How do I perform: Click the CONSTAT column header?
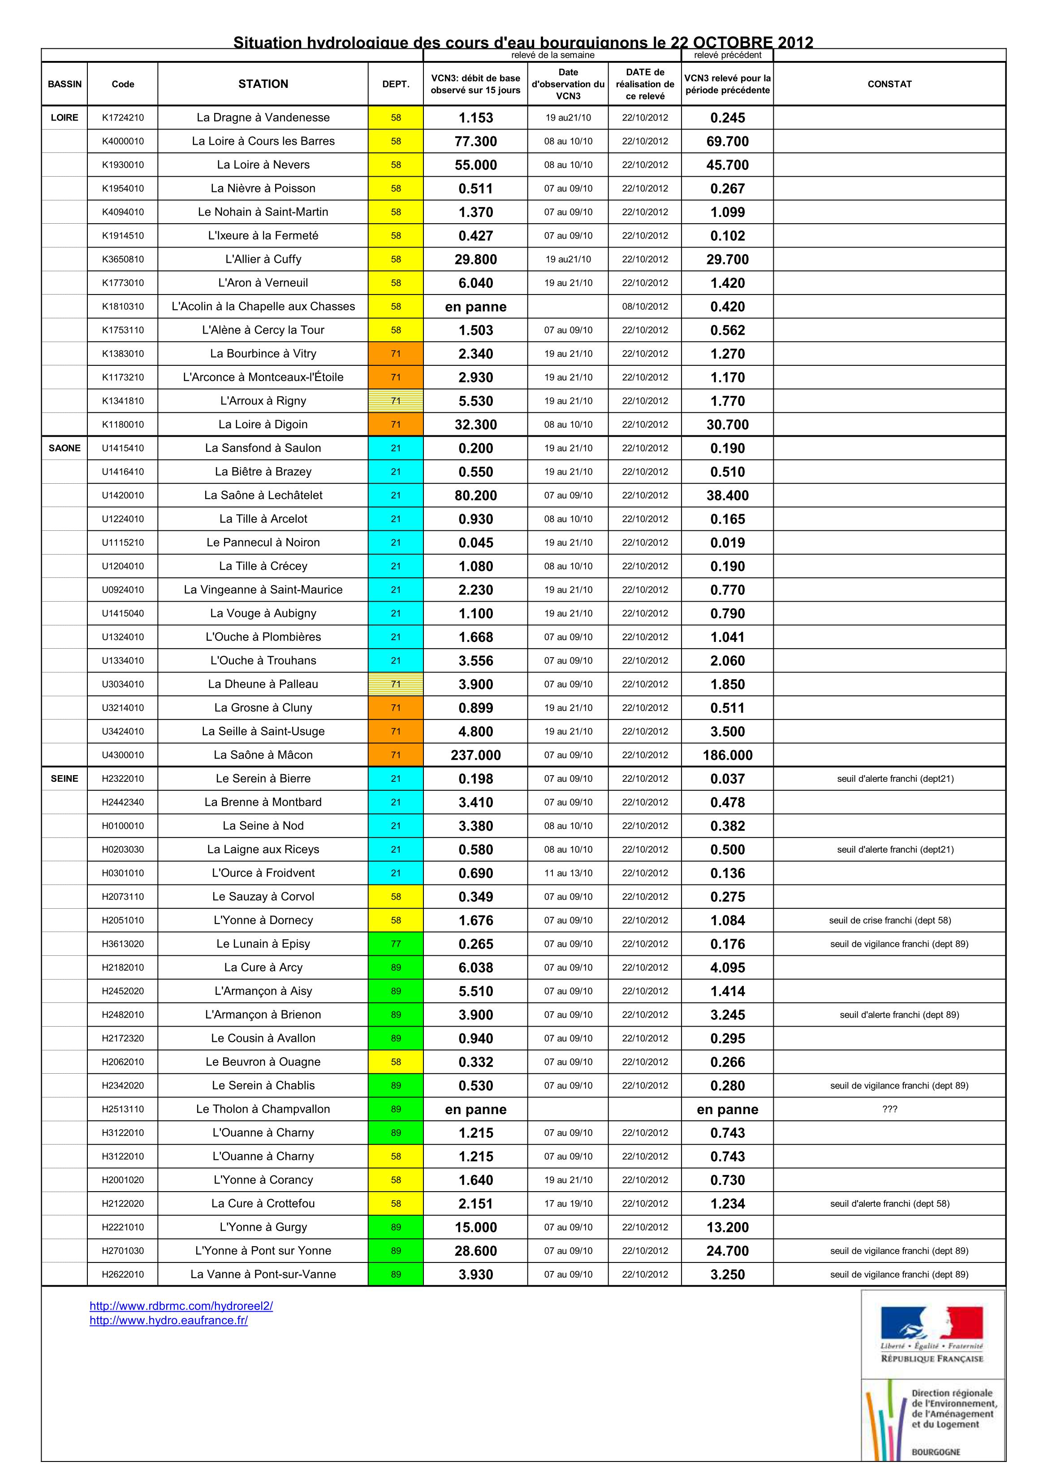click(x=889, y=84)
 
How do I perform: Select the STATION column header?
click(x=263, y=84)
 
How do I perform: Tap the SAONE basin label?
click(x=65, y=448)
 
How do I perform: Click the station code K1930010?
click(x=123, y=165)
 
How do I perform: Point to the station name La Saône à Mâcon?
click(x=263, y=755)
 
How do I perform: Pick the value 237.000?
click(x=475, y=755)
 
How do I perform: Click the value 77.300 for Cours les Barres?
click(x=475, y=142)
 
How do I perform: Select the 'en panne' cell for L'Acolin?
click(x=475, y=307)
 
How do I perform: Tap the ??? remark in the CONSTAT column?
click(x=889, y=1109)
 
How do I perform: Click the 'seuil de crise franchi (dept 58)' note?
click(x=889, y=920)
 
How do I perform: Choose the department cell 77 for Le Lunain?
click(x=396, y=944)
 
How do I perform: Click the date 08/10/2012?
click(x=644, y=307)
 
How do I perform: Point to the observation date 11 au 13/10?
click(x=568, y=873)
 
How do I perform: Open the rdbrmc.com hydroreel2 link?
click(x=181, y=1306)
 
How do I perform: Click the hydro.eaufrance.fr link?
click(x=168, y=1320)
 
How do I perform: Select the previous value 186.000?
click(x=727, y=755)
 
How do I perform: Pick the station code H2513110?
click(x=123, y=1109)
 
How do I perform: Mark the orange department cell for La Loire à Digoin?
click(x=396, y=425)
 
